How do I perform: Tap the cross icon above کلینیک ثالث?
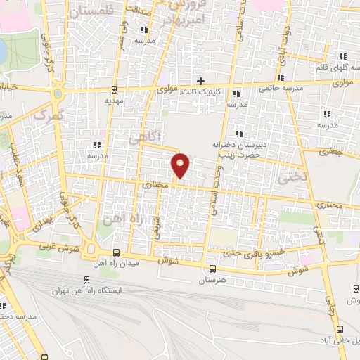(201, 82)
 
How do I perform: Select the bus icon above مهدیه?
(114, 90)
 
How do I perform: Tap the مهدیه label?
(114, 101)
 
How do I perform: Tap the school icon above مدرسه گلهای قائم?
(344, 56)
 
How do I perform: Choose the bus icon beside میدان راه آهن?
(116, 253)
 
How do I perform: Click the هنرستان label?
(212, 280)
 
